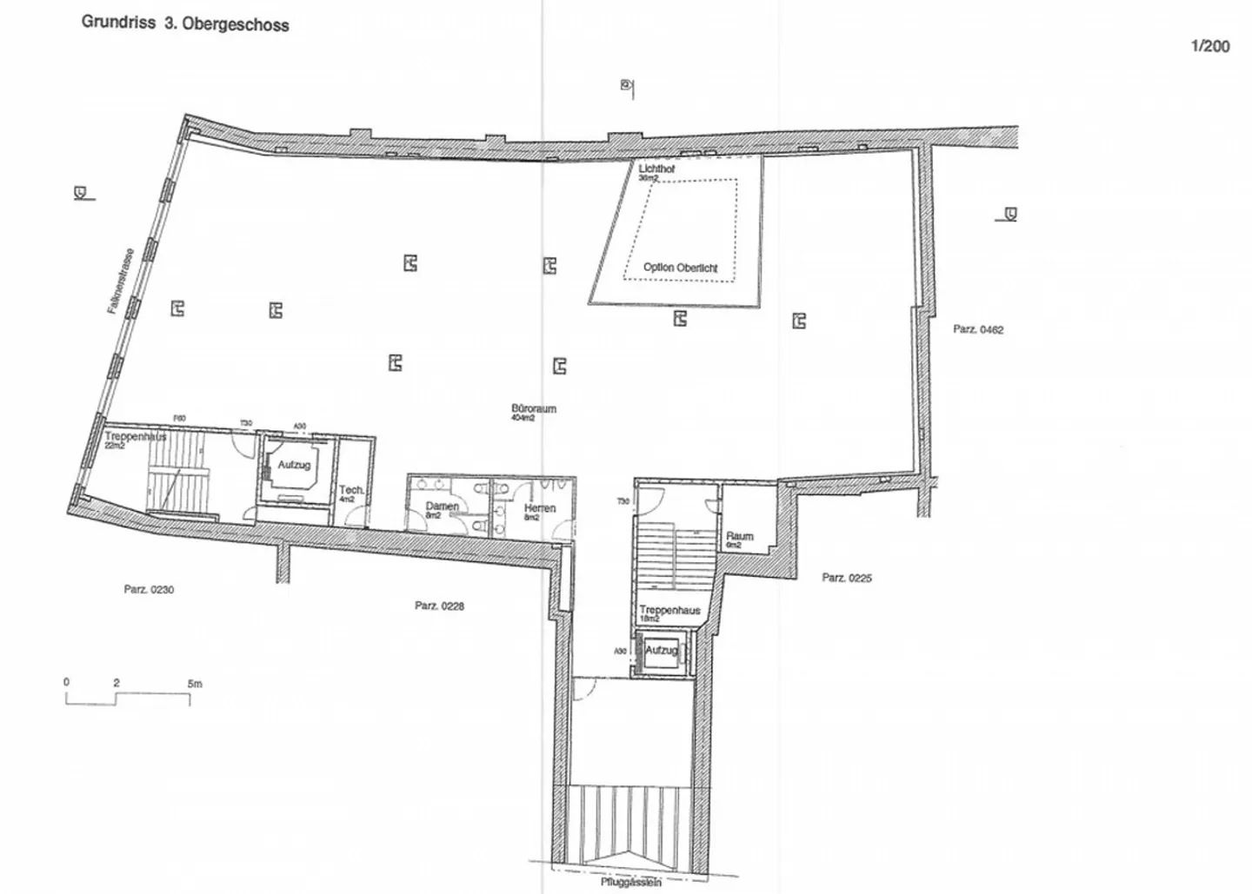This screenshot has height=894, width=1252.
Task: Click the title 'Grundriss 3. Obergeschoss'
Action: pyautogui.click(x=185, y=23)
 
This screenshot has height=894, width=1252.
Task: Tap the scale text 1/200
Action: pyautogui.click(x=1209, y=47)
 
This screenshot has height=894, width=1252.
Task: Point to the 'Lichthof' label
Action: pyautogui.click(x=656, y=169)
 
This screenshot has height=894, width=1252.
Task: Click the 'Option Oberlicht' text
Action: pyautogui.click(x=680, y=268)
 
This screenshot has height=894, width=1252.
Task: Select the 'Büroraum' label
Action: pyautogui.click(x=534, y=408)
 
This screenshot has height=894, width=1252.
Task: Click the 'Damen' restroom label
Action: pyautogui.click(x=442, y=507)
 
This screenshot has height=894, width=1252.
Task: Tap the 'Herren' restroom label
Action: pyautogui.click(x=539, y=508)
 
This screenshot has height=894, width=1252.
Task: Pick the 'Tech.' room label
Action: pyautogui.click(x=351, y=490)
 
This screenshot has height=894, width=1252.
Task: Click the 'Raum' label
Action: pyautogui.click(x=739, y=536)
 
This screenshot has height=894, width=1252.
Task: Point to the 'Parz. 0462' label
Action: pyautogui.click(x=978, y=329)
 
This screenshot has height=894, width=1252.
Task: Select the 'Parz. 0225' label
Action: pyautogui.click(x=847, y=578)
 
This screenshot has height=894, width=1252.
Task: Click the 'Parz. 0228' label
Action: pyautogui.click(x=439, y=606)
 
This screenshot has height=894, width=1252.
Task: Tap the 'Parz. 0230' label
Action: pyautogui.click(x=149, y=589)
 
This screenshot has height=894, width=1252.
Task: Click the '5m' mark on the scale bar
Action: pyautogui.click(x=195, y=684)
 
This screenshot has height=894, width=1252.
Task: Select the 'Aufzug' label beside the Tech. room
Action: pyautogui.click(x=294, y=465)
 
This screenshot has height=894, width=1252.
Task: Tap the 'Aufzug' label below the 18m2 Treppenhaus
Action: pyautogui.click(x=662, y=650)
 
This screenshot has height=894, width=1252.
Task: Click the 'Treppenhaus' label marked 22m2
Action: pyautogui.click(x=135, y=437)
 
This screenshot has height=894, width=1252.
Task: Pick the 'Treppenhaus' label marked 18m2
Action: pyautogui.click(x=669, y=611)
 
